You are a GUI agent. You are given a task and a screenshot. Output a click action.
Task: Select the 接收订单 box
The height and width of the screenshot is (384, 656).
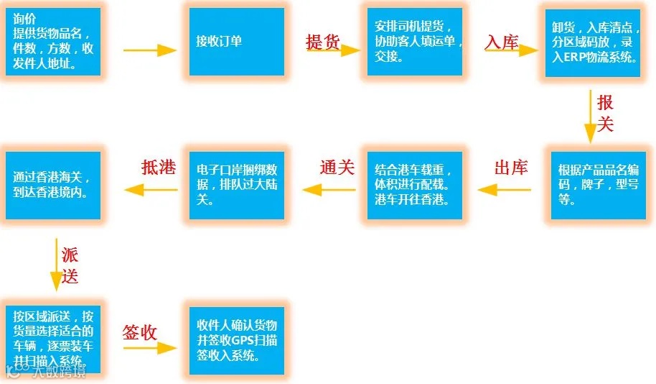(x=235, y=41)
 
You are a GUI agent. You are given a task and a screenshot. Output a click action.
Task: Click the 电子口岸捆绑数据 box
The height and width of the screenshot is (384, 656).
(x=235, y=186)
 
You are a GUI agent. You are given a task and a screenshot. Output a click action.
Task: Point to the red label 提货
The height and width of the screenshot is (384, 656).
(x=322, y=41)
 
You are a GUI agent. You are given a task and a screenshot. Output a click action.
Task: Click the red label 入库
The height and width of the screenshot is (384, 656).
(x=502, y=42)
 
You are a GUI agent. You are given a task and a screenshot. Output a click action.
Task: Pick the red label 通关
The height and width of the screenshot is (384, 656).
(x=337, y=168)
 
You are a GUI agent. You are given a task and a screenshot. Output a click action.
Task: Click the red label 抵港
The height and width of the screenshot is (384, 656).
(x=159, y=168)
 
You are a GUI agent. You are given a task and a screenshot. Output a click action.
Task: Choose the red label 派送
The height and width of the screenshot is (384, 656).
(x=70, y=265)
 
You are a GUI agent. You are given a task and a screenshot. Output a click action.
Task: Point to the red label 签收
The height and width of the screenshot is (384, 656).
(x=141, y=332)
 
